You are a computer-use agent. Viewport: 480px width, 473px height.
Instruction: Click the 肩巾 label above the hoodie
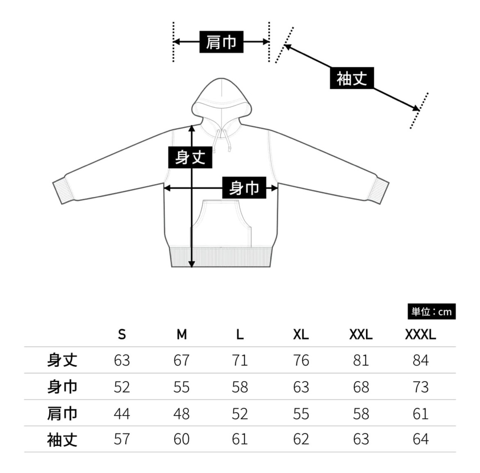click(x=221, y=42)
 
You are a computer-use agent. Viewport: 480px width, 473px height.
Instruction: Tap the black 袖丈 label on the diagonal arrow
click(x=351, y=78)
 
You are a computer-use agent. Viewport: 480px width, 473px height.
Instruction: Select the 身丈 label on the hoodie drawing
click(x=190, y=157)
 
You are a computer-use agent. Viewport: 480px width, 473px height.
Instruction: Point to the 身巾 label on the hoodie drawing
click(x=244, y=187)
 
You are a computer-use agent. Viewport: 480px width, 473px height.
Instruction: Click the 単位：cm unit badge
click(x=431, y=311)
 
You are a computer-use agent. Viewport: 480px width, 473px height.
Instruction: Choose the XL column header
click(x=301, y=334)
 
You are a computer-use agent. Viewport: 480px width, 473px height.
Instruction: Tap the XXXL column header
click(x=420, y=334)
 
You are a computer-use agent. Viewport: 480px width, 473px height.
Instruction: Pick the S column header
click(x=122, y=334)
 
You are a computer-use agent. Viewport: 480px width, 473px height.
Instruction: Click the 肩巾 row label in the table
click(x=62, y=413)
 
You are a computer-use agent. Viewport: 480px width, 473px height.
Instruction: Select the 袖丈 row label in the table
click(x=62, y=439)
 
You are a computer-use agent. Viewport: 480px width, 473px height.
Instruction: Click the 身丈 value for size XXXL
click(x=420, y=361)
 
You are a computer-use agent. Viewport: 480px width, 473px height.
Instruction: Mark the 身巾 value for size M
click(x=181, y=387)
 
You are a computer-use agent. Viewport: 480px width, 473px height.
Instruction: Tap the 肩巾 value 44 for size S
click(x=122, y=413)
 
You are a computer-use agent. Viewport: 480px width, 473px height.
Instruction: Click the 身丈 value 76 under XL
click(x=301, y=361)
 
